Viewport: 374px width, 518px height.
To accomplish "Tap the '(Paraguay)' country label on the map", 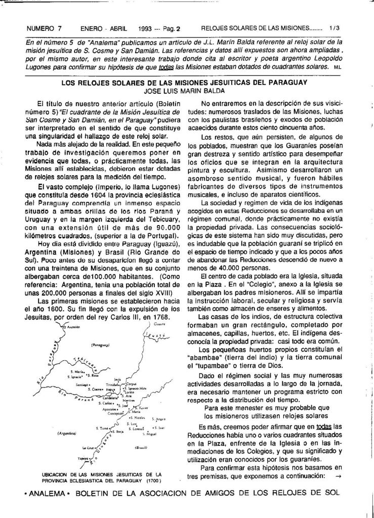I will (101, 344).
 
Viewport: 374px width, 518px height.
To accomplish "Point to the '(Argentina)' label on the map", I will (67, 434).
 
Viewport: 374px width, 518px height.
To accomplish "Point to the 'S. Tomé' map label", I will (103, 428).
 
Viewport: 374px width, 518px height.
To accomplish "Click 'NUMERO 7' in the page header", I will (44, 29).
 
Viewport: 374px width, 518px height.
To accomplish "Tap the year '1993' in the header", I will (138, 29).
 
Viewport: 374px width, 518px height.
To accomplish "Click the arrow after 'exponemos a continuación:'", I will (338, 477).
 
